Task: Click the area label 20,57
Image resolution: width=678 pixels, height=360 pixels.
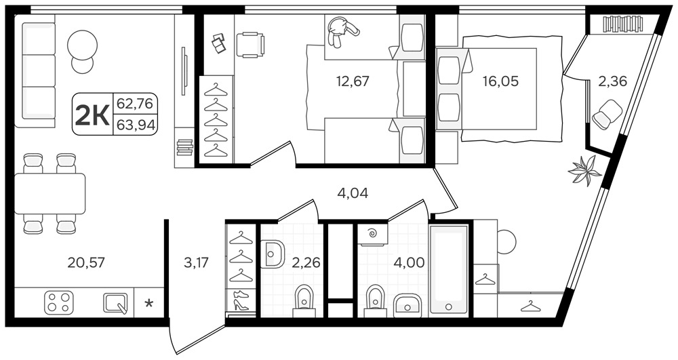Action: point(86,262)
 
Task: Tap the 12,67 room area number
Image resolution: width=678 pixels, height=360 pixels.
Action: point(353,81)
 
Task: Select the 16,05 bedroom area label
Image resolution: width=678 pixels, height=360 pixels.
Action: point(501,81)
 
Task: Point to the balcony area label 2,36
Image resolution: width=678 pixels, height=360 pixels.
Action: point(612,81)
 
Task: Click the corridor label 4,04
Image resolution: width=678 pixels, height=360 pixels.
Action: point(353,193)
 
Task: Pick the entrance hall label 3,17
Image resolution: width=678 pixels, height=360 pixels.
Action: point(197,262)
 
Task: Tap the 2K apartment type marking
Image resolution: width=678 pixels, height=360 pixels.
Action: point(92,115)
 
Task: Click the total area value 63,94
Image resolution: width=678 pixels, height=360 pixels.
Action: point(136,125)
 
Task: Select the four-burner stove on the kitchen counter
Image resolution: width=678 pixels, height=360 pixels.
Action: point(58,302)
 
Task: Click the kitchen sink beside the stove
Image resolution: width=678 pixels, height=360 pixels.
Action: point(116,303)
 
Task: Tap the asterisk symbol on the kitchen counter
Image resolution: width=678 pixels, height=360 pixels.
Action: point(148,303)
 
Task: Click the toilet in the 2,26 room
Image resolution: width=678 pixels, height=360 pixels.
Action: point(305,301)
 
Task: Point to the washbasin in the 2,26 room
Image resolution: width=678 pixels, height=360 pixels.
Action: point(273,253)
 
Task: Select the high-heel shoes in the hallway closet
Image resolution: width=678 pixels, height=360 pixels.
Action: point(241,300)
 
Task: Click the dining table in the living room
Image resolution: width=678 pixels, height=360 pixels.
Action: point(49,193)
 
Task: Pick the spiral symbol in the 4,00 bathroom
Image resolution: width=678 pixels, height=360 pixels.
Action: point(372,235)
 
